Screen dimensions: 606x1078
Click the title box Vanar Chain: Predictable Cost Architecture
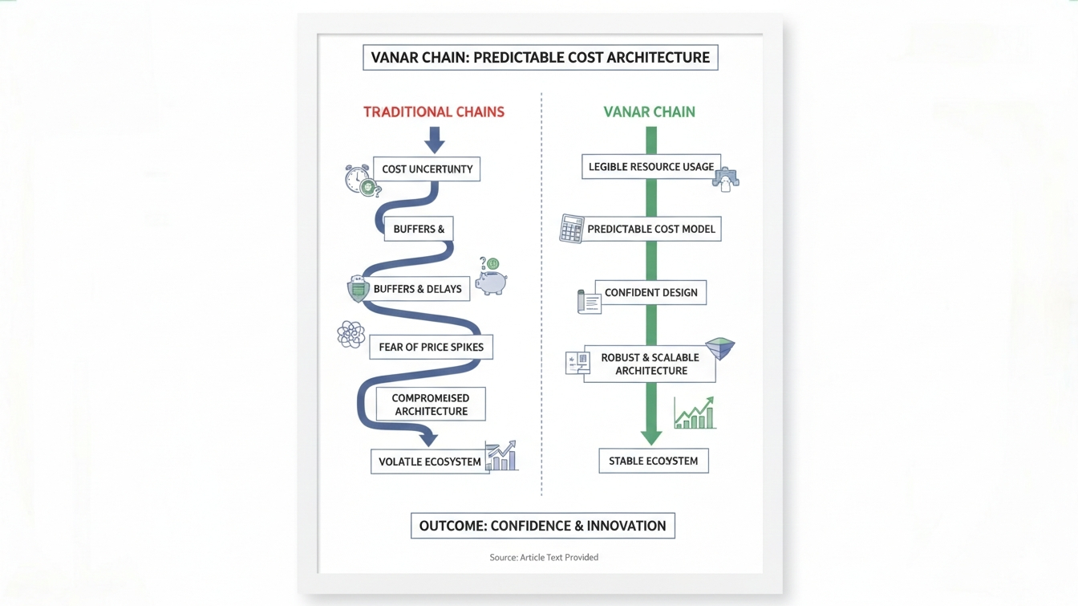coord(540,58)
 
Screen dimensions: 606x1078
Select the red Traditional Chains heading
coord(434,112)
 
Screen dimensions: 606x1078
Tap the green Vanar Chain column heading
coord(649,112)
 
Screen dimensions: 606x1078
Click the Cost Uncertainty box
coord(427,169)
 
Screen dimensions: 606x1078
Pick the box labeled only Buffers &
coord(419,229)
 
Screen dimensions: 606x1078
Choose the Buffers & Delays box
coord(417,289)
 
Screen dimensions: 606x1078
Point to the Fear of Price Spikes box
coord(431,348)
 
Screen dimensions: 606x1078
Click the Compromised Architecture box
coord(431,405)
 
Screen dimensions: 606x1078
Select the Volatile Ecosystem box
coord(429,462)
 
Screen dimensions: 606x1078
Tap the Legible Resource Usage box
coord(650,167)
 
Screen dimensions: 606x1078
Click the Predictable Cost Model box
coord(650,229)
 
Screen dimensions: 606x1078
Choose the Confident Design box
coord(650,292)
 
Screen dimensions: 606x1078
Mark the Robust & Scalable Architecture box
coord(650,364)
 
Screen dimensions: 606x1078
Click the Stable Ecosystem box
coord(653,461)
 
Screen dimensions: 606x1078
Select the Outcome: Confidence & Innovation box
coord(542,526)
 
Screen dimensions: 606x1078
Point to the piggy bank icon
coord(490,282)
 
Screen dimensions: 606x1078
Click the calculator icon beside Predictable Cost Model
coord(572,229)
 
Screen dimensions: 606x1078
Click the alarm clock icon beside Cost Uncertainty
coord(358,179)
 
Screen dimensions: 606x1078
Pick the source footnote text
coord(544,557)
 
